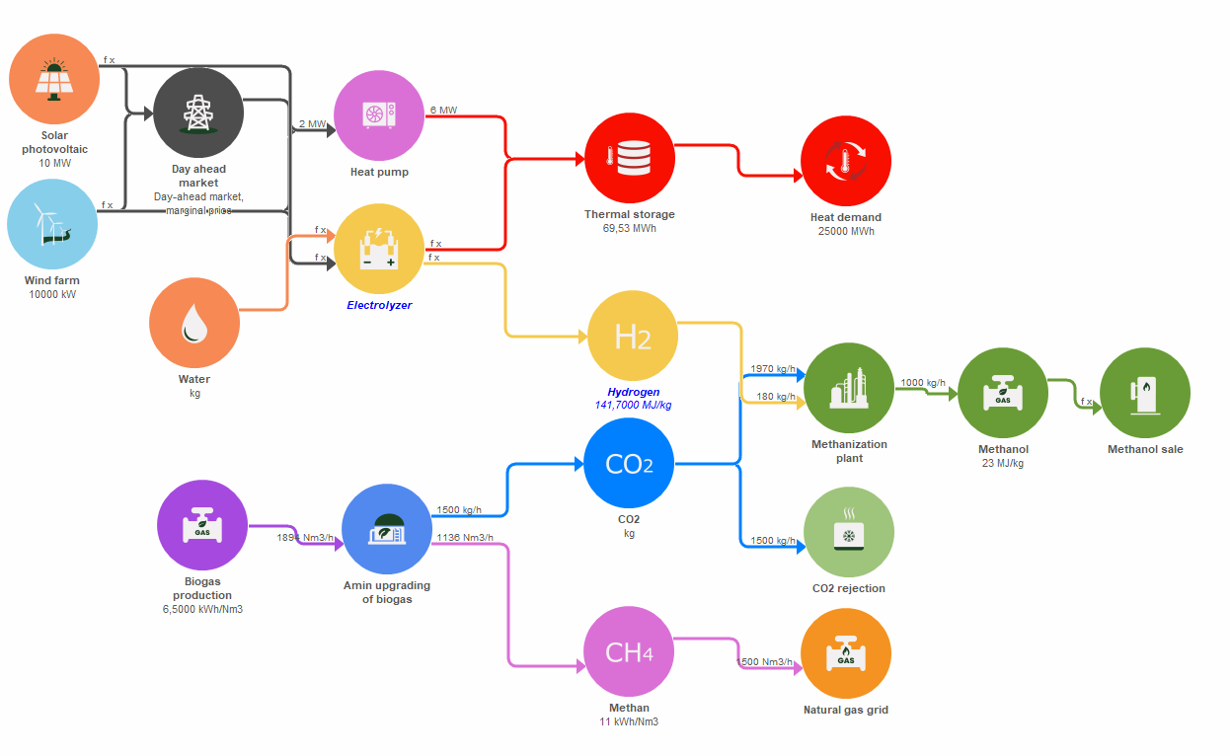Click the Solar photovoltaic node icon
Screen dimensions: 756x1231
pyautogui.click(x=54, y=79)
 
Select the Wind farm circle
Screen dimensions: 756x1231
pyautogui.click(x=52, y=224)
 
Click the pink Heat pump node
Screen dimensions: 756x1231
pyautogui.click(x=379, y=115)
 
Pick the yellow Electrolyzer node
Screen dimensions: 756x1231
pyautogui.click(x=379, y=249)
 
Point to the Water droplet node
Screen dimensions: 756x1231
pyautogui.click(x=194, y=323)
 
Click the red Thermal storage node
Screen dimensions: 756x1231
pyautogui.click(x=630, y=156)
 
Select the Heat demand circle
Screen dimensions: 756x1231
pyautogui.click(x=846, y=162)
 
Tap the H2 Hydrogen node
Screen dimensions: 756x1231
pyautogui.click(x=633, y=337)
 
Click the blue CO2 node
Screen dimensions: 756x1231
pyautogui.click(x=629, y=463)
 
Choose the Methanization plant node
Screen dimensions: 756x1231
pyautogui.click(x=849, y=388)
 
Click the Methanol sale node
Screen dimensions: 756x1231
pyautogui.click(x=1145, y=393)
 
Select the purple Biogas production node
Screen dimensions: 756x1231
pyautogui.click(x=202, y=525)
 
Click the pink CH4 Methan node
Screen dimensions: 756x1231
pyautogui.click(x=629, y=652)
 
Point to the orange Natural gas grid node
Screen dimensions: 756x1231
pyautogui.click(x=846, y=654)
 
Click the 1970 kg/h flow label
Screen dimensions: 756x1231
pyautogui.click(x=773, y=369)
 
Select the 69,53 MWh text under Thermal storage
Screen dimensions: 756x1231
pyautogui.click(x=629, y=229)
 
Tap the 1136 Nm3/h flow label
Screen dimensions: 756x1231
pyautogui.click(x=464, y=538)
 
